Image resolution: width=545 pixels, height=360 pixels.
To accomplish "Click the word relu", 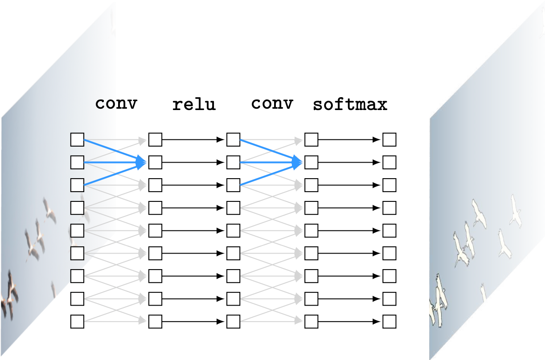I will (x=194, y=105).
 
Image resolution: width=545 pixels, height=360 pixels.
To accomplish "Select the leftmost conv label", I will (x=116, y=103).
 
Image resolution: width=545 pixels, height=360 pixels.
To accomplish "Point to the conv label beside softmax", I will (x=272, y=103).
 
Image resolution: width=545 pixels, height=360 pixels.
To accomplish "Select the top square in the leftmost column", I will (x=77, y=139).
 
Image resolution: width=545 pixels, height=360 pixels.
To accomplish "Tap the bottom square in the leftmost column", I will (x=77, y=321).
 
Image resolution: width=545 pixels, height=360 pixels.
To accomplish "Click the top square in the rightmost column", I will (x=389, y=139).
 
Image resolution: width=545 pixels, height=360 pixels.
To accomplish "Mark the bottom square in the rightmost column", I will (x=389, y=321).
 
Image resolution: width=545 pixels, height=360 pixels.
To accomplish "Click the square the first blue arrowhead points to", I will (x=155, y=162).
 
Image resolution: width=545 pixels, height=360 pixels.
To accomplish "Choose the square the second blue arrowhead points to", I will (x=311, y=162).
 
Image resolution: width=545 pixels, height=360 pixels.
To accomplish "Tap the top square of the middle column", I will (x=233, y=139).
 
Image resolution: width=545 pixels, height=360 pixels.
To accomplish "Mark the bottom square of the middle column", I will (x=233, y=321).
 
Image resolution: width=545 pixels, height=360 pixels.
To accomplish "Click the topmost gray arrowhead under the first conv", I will (x=143, y=140).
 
